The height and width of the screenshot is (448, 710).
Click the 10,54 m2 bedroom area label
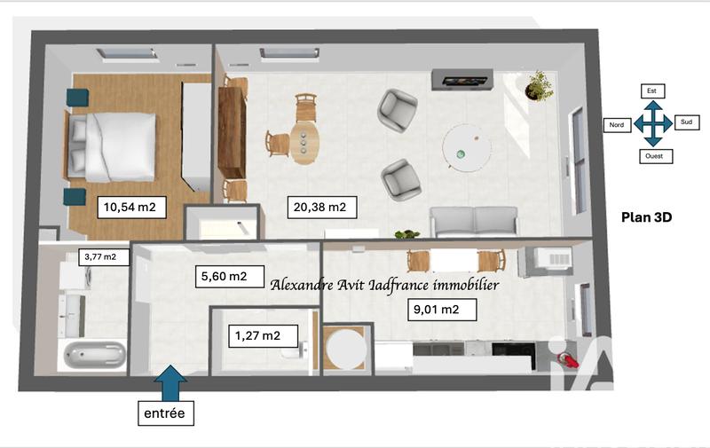click(130, 208)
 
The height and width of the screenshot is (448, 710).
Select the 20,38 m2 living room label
click(320, 208)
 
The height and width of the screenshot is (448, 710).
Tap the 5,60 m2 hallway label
click(225, 276)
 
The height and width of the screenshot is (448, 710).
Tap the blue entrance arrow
click(171, 382)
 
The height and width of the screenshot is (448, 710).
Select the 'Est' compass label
click(652, 90)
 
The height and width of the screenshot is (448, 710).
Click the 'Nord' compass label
click(616, 125)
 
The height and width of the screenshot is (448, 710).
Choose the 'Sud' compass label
click(686, 122)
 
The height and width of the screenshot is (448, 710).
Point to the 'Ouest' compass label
click(654, 156)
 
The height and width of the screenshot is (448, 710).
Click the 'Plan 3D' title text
click(644, 216)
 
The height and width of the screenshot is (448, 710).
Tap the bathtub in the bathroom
click(93, 355)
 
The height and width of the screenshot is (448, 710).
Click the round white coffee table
click(466, 145)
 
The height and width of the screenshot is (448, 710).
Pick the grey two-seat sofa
click(473, 220)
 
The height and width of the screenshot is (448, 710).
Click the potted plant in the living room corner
click(538, 86)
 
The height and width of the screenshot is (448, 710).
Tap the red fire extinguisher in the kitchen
click(565, 360)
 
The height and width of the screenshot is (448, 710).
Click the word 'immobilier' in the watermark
click(458, 285)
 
